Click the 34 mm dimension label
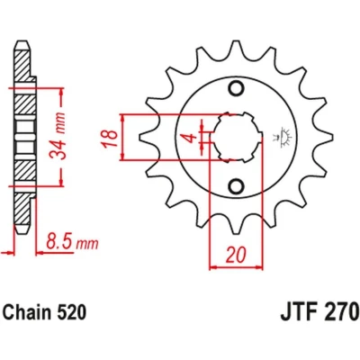58,136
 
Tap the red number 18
110,139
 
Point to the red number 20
236,255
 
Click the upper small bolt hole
236,88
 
